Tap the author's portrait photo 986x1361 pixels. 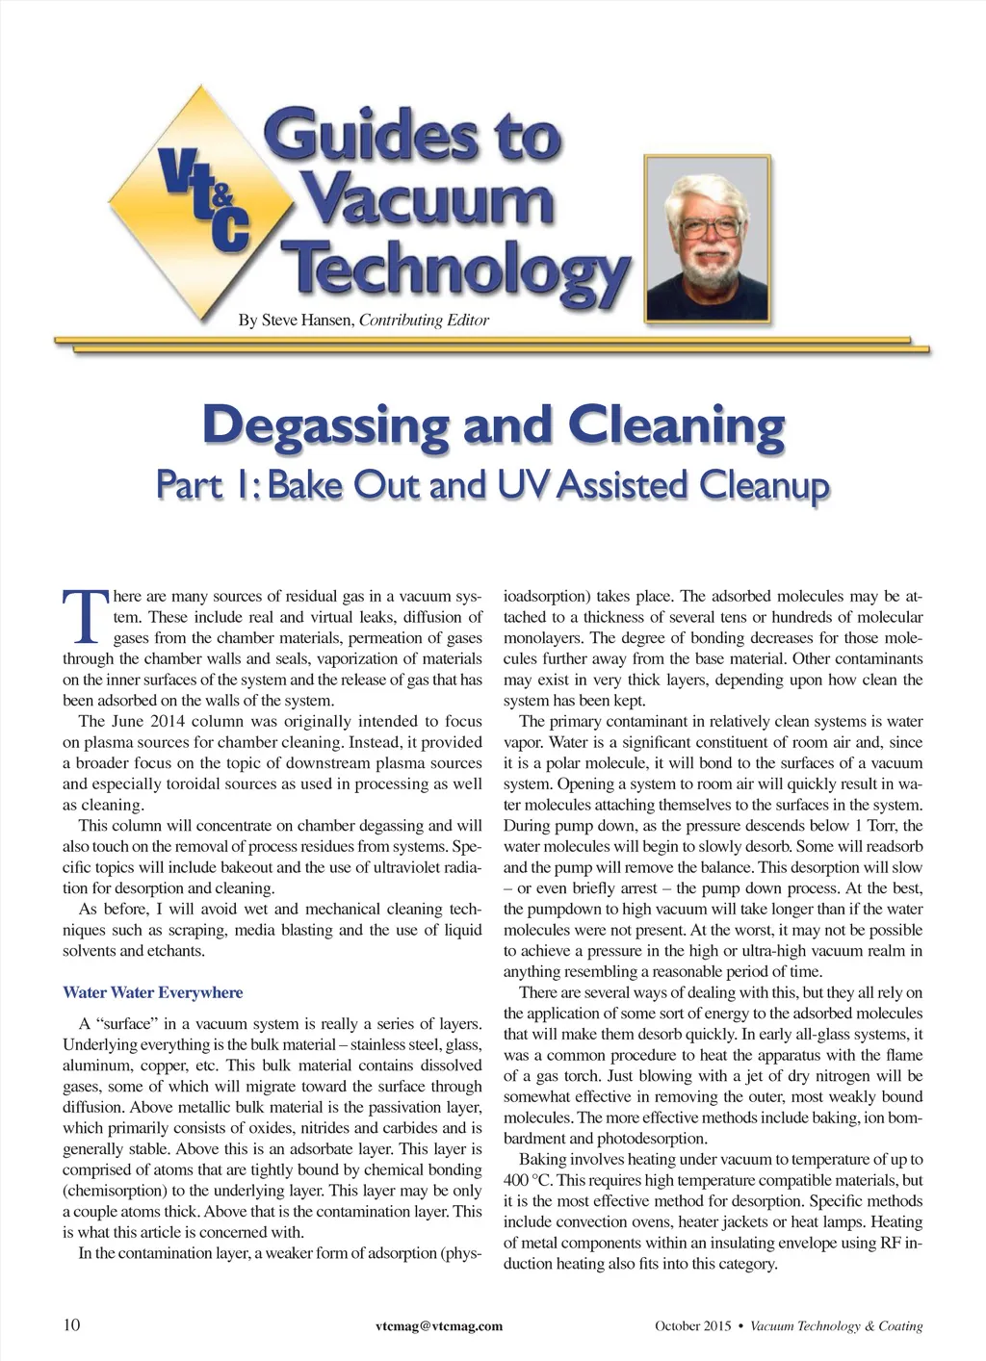point(708,238)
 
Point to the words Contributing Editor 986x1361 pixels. point(424,321)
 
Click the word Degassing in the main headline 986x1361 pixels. point(324,425)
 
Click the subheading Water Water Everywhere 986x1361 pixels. point(152,992)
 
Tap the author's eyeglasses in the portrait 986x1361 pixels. point(711,229)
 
